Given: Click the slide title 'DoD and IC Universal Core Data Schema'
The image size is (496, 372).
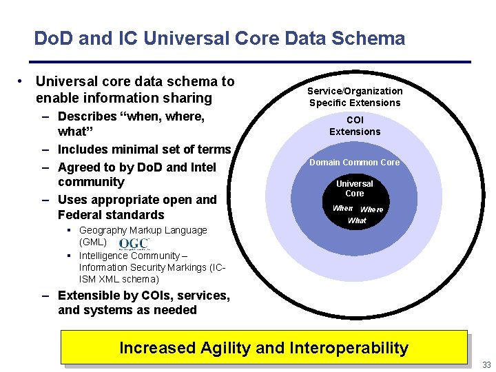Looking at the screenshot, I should pos(219,39).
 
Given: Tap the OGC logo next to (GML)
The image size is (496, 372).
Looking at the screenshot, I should pos(134,245).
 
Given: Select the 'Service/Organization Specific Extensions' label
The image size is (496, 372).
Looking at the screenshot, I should pos(355,97).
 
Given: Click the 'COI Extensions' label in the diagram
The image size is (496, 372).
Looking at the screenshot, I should pos(355,126).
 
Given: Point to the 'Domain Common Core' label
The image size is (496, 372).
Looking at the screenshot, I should pos(354,163).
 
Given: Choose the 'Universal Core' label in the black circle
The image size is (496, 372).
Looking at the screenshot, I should pos(355,189).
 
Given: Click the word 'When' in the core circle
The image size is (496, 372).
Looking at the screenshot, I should pos(342,208).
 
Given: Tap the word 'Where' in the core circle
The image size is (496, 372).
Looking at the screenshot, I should pos(372,209).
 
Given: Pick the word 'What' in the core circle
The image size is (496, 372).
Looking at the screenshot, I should pos(357,221).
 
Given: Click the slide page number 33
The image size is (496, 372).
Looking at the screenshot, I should pos(486,365).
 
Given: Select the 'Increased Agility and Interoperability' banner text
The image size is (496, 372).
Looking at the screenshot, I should pos(264,348).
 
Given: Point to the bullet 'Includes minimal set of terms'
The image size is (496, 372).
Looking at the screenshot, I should pos(144,149).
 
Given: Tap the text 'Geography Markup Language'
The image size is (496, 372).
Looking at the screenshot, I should pos(143,230).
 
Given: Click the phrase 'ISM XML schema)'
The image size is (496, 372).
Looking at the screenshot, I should pos(118,279).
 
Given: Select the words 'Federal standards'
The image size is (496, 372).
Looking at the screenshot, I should pos(111,215).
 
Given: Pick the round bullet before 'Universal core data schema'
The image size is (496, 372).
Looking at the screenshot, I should pos(23,82).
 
